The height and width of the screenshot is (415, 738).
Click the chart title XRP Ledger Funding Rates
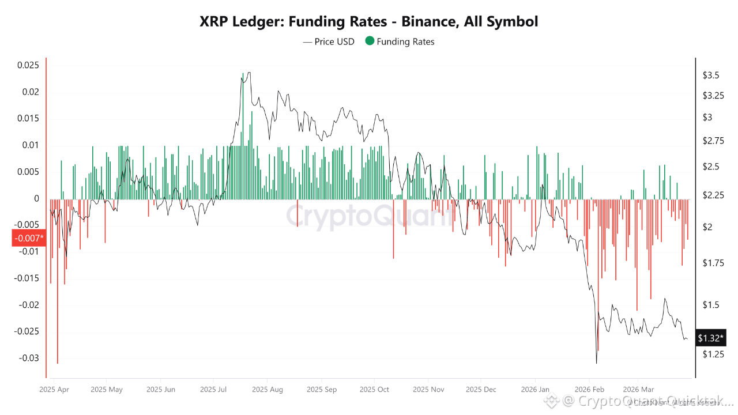click(369, 22)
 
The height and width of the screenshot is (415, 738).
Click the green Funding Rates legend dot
click(370, 41)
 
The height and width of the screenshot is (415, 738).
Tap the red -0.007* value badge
click(28, 238)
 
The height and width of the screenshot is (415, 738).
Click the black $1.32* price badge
click(710, 338)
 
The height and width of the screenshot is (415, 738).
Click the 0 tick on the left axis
click(36, 198)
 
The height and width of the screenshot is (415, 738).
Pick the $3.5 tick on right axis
click(711, 76)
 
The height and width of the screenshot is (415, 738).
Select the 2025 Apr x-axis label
click(54, 389)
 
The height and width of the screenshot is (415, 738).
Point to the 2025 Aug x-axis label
click(268, 389)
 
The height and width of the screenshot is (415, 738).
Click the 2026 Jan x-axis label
click(535, 389)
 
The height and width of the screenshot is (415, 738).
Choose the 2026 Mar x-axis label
click(639, 389)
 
